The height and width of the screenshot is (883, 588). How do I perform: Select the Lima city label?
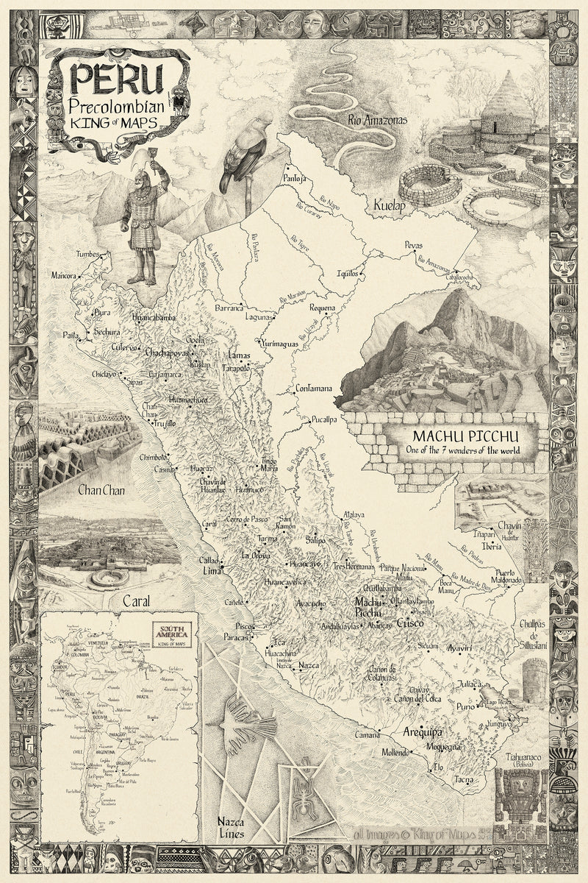click(211, 570)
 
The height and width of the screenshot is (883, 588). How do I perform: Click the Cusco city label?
click(409, 623)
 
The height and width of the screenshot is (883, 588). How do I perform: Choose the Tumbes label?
click(87, 255)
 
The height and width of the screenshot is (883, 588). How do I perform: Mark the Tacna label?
click(463, 779)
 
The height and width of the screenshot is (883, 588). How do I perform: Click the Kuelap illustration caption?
click(388, 206)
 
